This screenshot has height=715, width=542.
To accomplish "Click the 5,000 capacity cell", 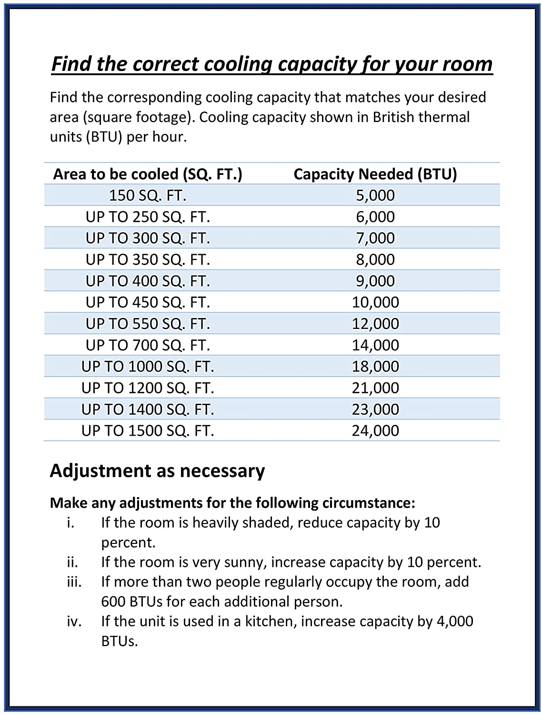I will pyautogui.click(x=375, y=195).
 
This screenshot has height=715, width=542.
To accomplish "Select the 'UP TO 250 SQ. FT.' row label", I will pyautogui.click(x=148, y=217).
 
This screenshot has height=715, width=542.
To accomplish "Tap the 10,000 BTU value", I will pyautogui.click(x=375, y=302).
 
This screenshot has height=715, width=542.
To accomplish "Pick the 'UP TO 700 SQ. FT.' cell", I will pyautogui.click(x=148, y=345).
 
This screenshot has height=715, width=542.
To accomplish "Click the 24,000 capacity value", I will pyautogui.click(x=375, y=431).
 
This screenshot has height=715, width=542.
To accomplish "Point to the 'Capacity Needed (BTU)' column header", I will pyautogui.click(x=375, y=174).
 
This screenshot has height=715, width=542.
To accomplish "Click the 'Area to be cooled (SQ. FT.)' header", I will pyautogui.click(x=148, y=174).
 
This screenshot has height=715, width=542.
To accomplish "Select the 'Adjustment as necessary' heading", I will pyautogui.click(x=157, y=471).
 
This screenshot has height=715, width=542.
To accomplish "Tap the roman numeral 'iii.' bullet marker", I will pyautogui.click(x=74, y=582).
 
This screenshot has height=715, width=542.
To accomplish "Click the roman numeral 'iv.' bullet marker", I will pyautogui.click(x=73, y=622).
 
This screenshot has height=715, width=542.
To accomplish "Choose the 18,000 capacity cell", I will pyautogui.click(x=375, y=367).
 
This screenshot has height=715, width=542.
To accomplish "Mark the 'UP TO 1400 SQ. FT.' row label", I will pyautogui.click(x=148, y=409).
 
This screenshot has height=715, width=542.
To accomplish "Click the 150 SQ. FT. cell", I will pyautogui.click(x=148, y=195).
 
